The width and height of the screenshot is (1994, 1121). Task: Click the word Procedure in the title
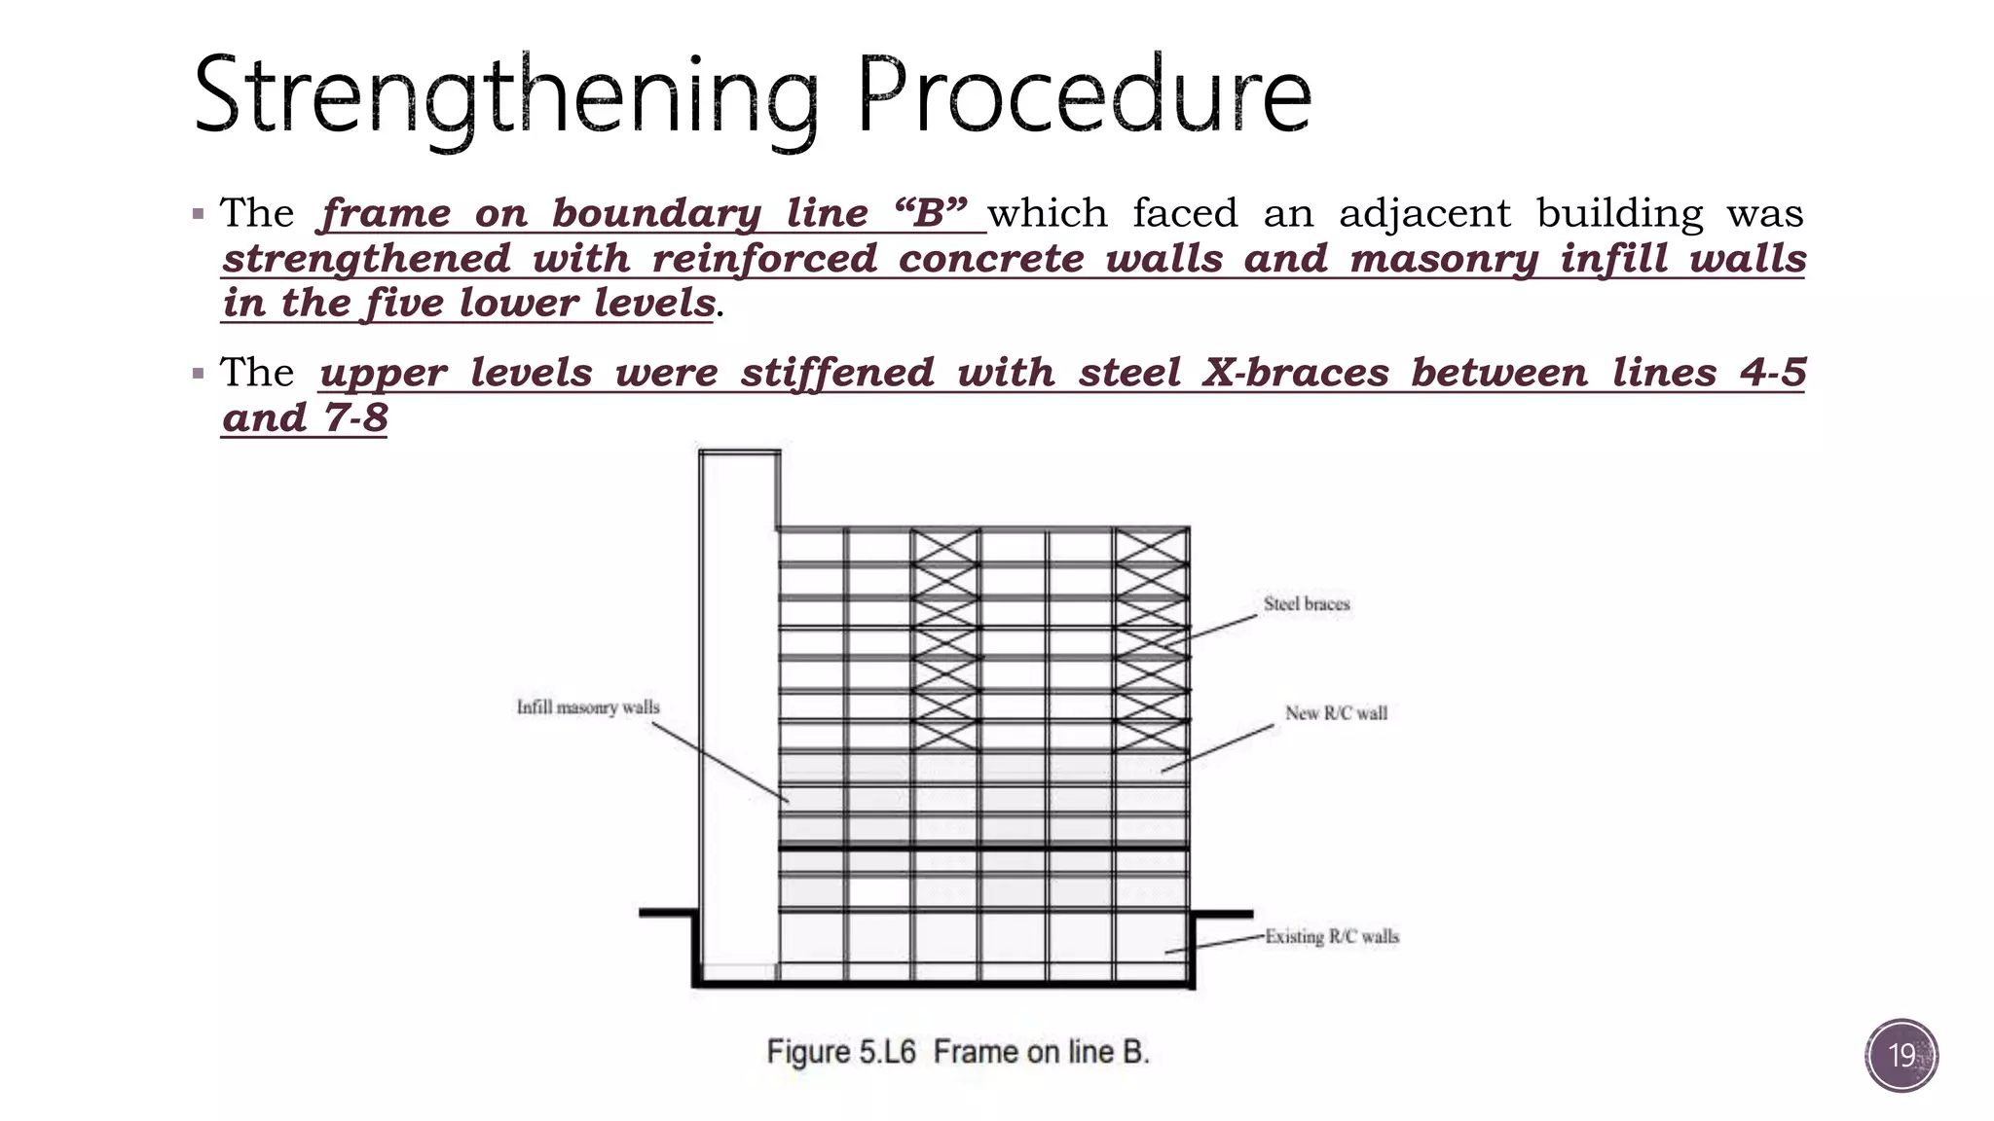[x=1084, y=95]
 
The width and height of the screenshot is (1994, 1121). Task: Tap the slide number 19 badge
[x=1902, y=1055]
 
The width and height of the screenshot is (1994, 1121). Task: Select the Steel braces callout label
[x=1307, y=604]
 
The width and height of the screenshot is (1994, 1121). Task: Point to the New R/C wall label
[x=1336, y=713]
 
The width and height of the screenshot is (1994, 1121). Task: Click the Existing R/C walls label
[x=1332, y=937]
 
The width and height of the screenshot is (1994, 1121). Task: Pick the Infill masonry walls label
[x=588, y=707]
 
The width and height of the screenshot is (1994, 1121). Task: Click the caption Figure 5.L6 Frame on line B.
[x=958, y=1052]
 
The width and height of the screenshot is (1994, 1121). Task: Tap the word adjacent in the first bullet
[x=1424, y=213]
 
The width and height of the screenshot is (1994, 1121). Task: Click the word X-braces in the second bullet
[x=1295, y=373]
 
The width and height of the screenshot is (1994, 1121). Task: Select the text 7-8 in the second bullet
[x=355, y=418]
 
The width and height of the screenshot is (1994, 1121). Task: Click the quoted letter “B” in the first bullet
[x=930, y=213]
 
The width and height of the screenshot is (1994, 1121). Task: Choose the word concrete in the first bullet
[x=990, y=259]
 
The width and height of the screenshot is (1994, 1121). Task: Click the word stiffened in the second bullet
[x=836, y=373]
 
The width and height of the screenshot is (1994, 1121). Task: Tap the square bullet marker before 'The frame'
[x=199, y=214]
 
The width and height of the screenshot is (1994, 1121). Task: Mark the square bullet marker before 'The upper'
[x=199, y=374]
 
